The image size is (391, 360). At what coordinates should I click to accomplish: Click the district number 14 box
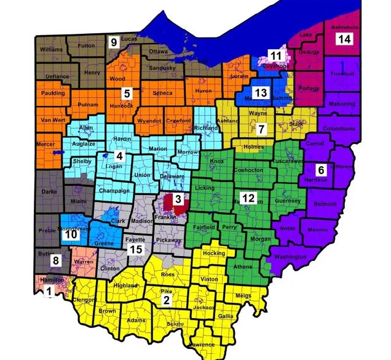pos(344,39)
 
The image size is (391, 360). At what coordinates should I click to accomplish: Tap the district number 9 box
pos(113,42)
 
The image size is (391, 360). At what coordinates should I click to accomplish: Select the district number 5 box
pos(127,94)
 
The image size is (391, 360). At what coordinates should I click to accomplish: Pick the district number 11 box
pos(276,57)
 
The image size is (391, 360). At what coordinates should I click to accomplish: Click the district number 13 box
pos(262,92)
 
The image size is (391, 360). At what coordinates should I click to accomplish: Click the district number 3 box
pos(178,199)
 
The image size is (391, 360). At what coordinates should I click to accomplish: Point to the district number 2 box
pos(166,300)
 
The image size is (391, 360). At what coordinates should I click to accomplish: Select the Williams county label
pos(51,49)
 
